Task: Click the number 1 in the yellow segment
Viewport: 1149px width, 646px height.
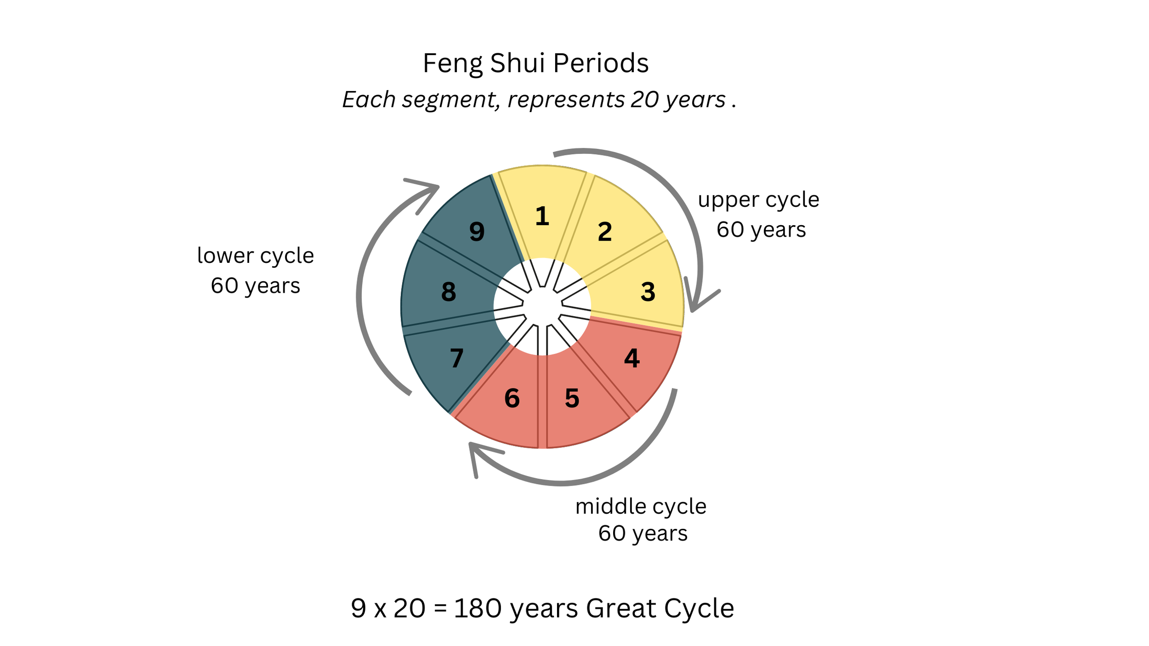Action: (x=542, y=216)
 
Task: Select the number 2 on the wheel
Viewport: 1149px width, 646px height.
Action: (x=605, y=232)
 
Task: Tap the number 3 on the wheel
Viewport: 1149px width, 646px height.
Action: (x=648, y=292)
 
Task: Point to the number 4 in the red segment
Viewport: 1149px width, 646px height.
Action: (x=632, y=358)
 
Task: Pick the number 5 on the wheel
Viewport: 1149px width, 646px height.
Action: (x=572, y=398)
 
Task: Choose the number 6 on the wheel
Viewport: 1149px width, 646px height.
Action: (x=512, y=398)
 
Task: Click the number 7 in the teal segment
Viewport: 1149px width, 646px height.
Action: (x=456, y=358)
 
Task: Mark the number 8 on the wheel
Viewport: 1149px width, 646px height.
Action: (x=449, y=292)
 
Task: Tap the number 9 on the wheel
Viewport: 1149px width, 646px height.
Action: (x=477, y=232)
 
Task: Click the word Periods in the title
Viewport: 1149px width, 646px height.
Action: (x=601, y=63)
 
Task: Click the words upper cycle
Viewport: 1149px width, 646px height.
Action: (x=758, y=200)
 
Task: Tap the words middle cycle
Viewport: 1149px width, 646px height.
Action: (x=641, y=506)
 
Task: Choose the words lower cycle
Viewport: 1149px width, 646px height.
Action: (x=255, y=255)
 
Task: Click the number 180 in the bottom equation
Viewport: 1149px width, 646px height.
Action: (x=478, y=608)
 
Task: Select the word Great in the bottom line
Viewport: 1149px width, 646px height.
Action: (x=621, y=608)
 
